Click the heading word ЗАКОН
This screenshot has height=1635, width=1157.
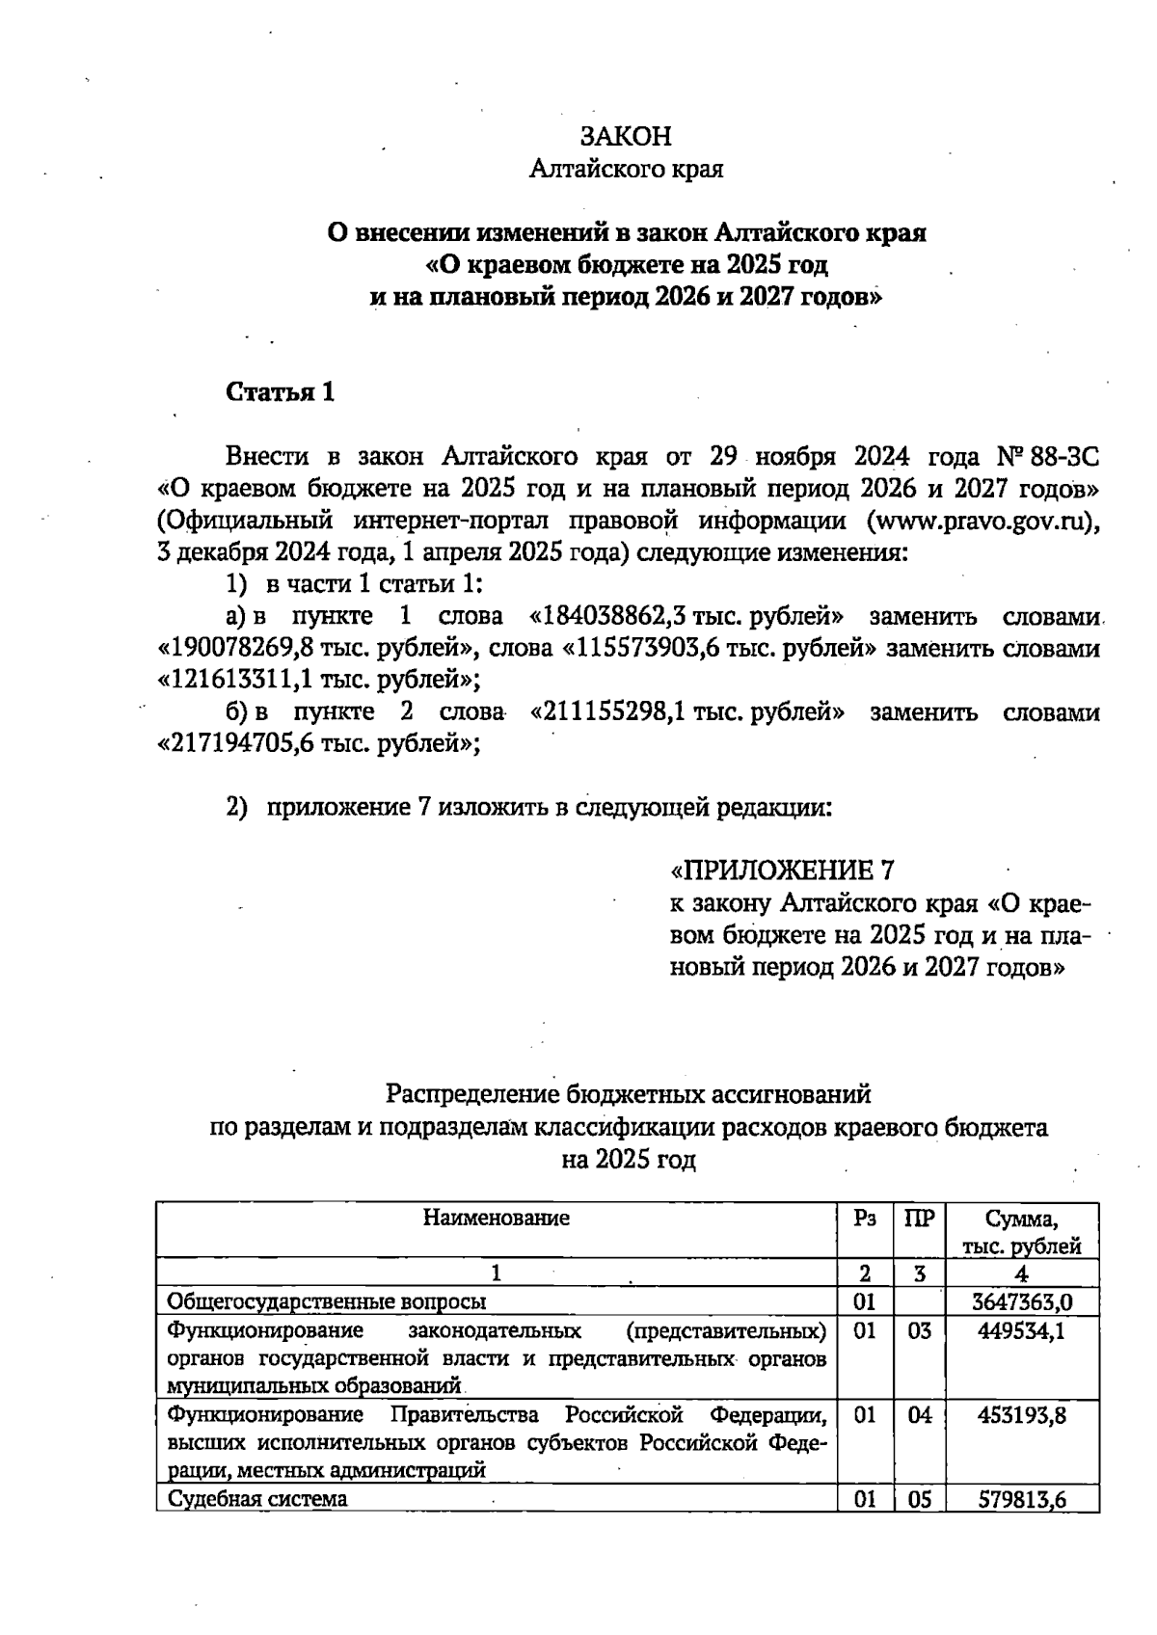tap(626, 136)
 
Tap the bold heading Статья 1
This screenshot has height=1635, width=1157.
tap(280, 392)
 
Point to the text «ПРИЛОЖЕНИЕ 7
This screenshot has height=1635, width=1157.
tap(782, 871)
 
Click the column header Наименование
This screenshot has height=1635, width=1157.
tap(496, 1218)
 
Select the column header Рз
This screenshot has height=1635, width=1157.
tap(865, 1218)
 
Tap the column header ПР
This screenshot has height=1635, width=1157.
tap(920, 1218)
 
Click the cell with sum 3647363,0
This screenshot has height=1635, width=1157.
tap(1022, 1302)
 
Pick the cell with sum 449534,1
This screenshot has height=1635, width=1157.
tap(1022, 1332)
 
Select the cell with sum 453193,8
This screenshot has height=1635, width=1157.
tap(1022, 1415)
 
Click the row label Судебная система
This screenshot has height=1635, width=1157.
tap(256, 1499)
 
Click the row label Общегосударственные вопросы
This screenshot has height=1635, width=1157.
tap(326, 1302)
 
